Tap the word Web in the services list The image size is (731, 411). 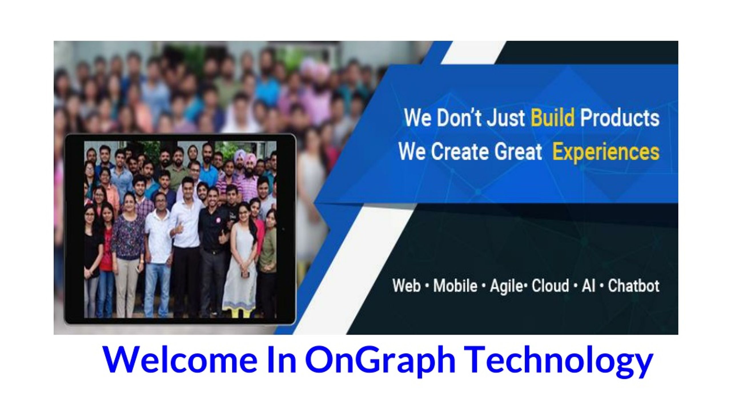pos(406,286)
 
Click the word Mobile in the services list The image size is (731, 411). pos(455,286)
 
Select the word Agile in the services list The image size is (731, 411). pos(506,286)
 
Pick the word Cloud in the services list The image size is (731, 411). pos(550,286)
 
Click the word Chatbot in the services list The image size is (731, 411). pos(634,286)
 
